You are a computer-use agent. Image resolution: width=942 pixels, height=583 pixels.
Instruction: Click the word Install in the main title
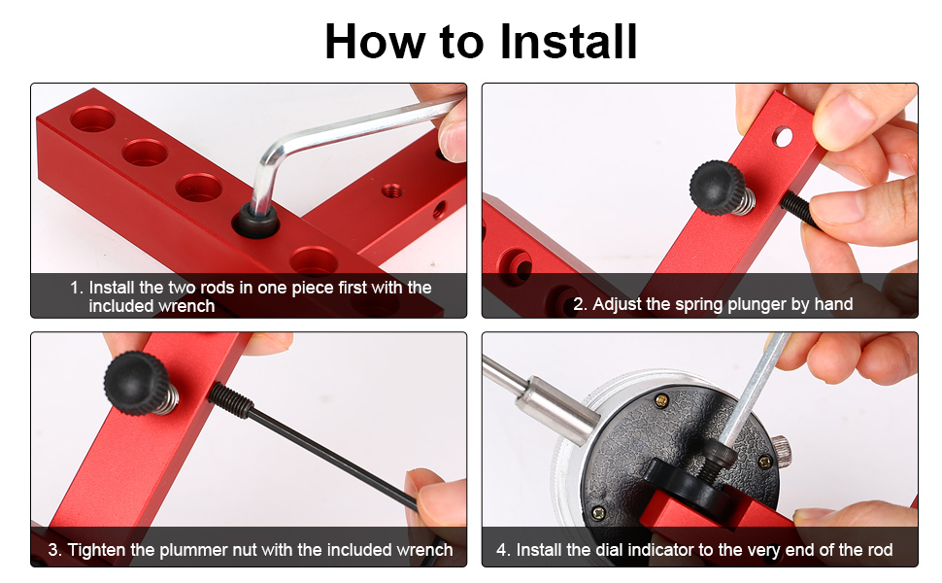(x=568, y=42)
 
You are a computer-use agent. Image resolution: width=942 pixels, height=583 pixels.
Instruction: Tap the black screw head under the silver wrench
(x=255, y=221)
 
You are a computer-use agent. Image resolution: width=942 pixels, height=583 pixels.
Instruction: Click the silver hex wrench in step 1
(x=336, y=144)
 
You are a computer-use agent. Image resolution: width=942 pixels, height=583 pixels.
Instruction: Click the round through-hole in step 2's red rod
(x=783, y=136)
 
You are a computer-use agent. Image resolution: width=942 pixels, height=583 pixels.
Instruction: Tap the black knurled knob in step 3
(x=136, y=383)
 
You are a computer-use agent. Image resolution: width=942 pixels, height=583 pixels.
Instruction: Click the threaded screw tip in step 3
(x=231, y=400)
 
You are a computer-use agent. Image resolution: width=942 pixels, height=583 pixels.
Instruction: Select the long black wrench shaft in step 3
(x=333, y=457)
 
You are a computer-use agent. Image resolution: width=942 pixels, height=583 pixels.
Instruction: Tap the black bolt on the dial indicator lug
(x=716, y=461)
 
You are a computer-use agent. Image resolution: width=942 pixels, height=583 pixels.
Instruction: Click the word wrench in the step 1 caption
(x=182, y=306)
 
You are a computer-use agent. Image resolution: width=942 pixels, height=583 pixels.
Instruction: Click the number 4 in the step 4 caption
(x=502, y=550)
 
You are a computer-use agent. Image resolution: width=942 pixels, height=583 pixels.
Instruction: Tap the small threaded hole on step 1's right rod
(x=391, y=191)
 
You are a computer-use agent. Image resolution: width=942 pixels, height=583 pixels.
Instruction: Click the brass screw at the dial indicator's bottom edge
(x=598, y=513)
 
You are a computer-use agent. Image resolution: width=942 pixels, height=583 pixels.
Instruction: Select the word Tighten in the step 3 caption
(x=97, y=550)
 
